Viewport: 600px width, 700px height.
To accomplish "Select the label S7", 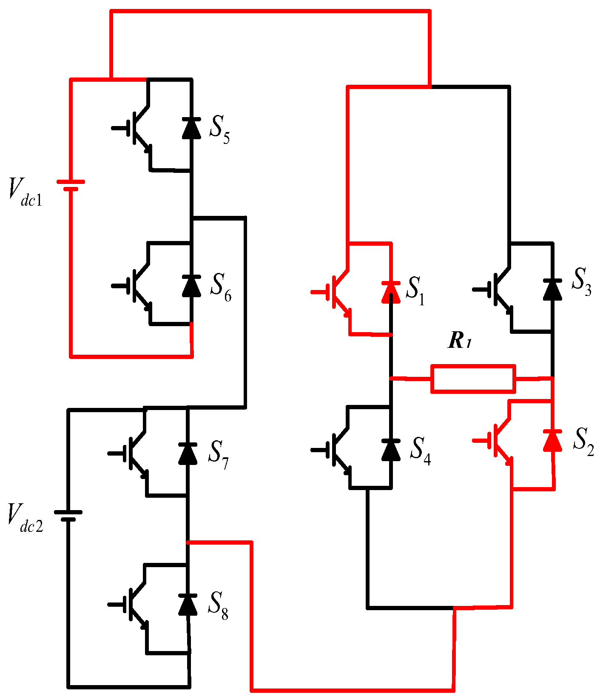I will [x=218, y=455].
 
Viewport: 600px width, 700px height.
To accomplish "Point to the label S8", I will [x=218, y=605].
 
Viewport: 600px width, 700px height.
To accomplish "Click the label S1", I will [x=415, y=291].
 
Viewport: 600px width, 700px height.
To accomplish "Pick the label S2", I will [x=583, y=442].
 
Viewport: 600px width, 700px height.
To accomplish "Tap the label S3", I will [x=581, y=282].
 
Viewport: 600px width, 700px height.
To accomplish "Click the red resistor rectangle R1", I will [x=473, y=379].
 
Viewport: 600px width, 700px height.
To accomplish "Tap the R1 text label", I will [x=460, y=341].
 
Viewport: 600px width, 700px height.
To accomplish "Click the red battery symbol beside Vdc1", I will [x=71, y=185].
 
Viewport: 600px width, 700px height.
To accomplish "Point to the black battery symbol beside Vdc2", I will [x=68, y=516].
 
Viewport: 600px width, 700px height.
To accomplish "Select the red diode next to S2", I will [x=552, y=440].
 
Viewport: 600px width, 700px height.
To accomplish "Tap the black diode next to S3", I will [x=552, y=290].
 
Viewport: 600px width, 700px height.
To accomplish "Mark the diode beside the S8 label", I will [x=188, y=605].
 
